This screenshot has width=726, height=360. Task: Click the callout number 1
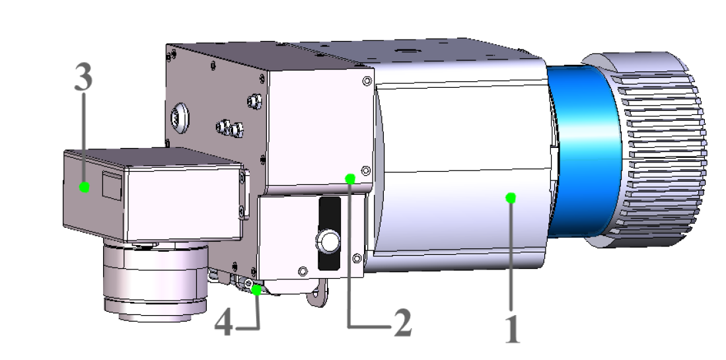512,330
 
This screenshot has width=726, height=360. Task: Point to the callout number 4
225,324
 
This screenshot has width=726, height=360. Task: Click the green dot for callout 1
510,197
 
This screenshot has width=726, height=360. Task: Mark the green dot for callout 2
350,178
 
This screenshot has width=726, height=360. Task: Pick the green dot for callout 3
84,187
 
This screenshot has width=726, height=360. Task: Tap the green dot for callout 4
256,288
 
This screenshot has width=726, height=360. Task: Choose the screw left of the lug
303,271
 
